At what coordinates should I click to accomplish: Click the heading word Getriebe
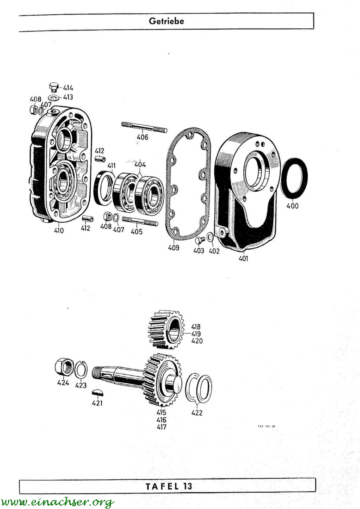pyautogui.click(x=166, y=21)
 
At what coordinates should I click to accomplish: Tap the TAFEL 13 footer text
pyautogui.click(x=169, y=486)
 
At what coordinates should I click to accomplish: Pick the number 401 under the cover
pyautogui.click(x=243, y=258)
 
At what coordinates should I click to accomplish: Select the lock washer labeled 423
pyautogui.click(x=81, y=370)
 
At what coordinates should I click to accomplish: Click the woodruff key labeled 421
pyautogui.click(x=98, y=393)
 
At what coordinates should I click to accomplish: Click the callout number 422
pyautogui.click(x=197, y=413)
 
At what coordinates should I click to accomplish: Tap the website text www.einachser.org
pyautogui.click(x=58, y=502)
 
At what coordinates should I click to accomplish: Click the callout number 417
pyautogui.click(x=161, y=427)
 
